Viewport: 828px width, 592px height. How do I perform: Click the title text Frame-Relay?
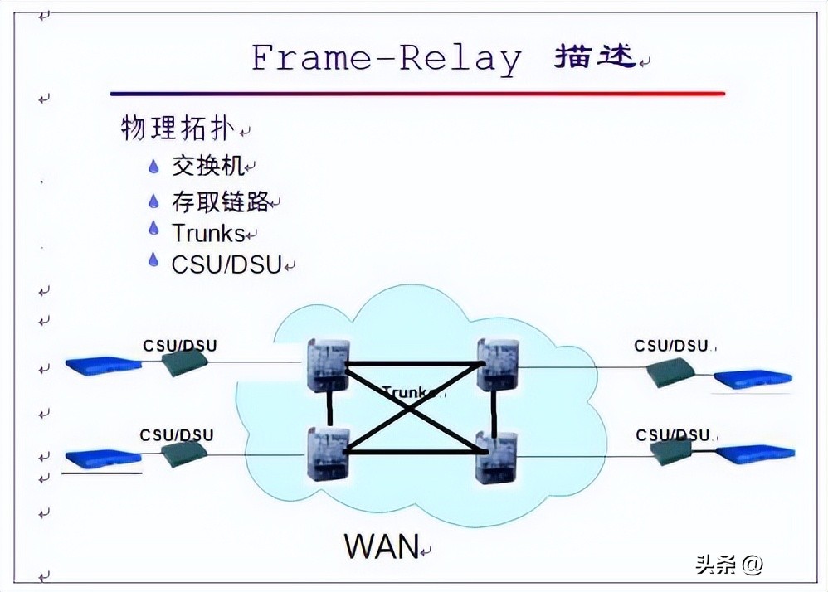387,58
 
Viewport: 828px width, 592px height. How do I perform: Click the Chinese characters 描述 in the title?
595,56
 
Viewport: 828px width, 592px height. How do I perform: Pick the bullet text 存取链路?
221,201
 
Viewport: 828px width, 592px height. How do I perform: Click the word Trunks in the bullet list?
208,233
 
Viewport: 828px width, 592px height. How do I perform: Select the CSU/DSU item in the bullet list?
226,264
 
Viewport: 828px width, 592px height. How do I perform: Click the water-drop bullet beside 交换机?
153,166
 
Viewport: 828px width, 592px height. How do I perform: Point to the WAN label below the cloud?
382,546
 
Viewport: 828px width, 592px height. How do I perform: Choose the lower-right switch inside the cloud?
496,457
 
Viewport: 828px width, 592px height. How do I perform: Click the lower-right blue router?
755,454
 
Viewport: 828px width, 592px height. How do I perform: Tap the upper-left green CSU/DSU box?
183,362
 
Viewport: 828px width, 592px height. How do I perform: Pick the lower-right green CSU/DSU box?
671,451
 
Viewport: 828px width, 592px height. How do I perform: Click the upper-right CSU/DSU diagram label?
671,345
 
